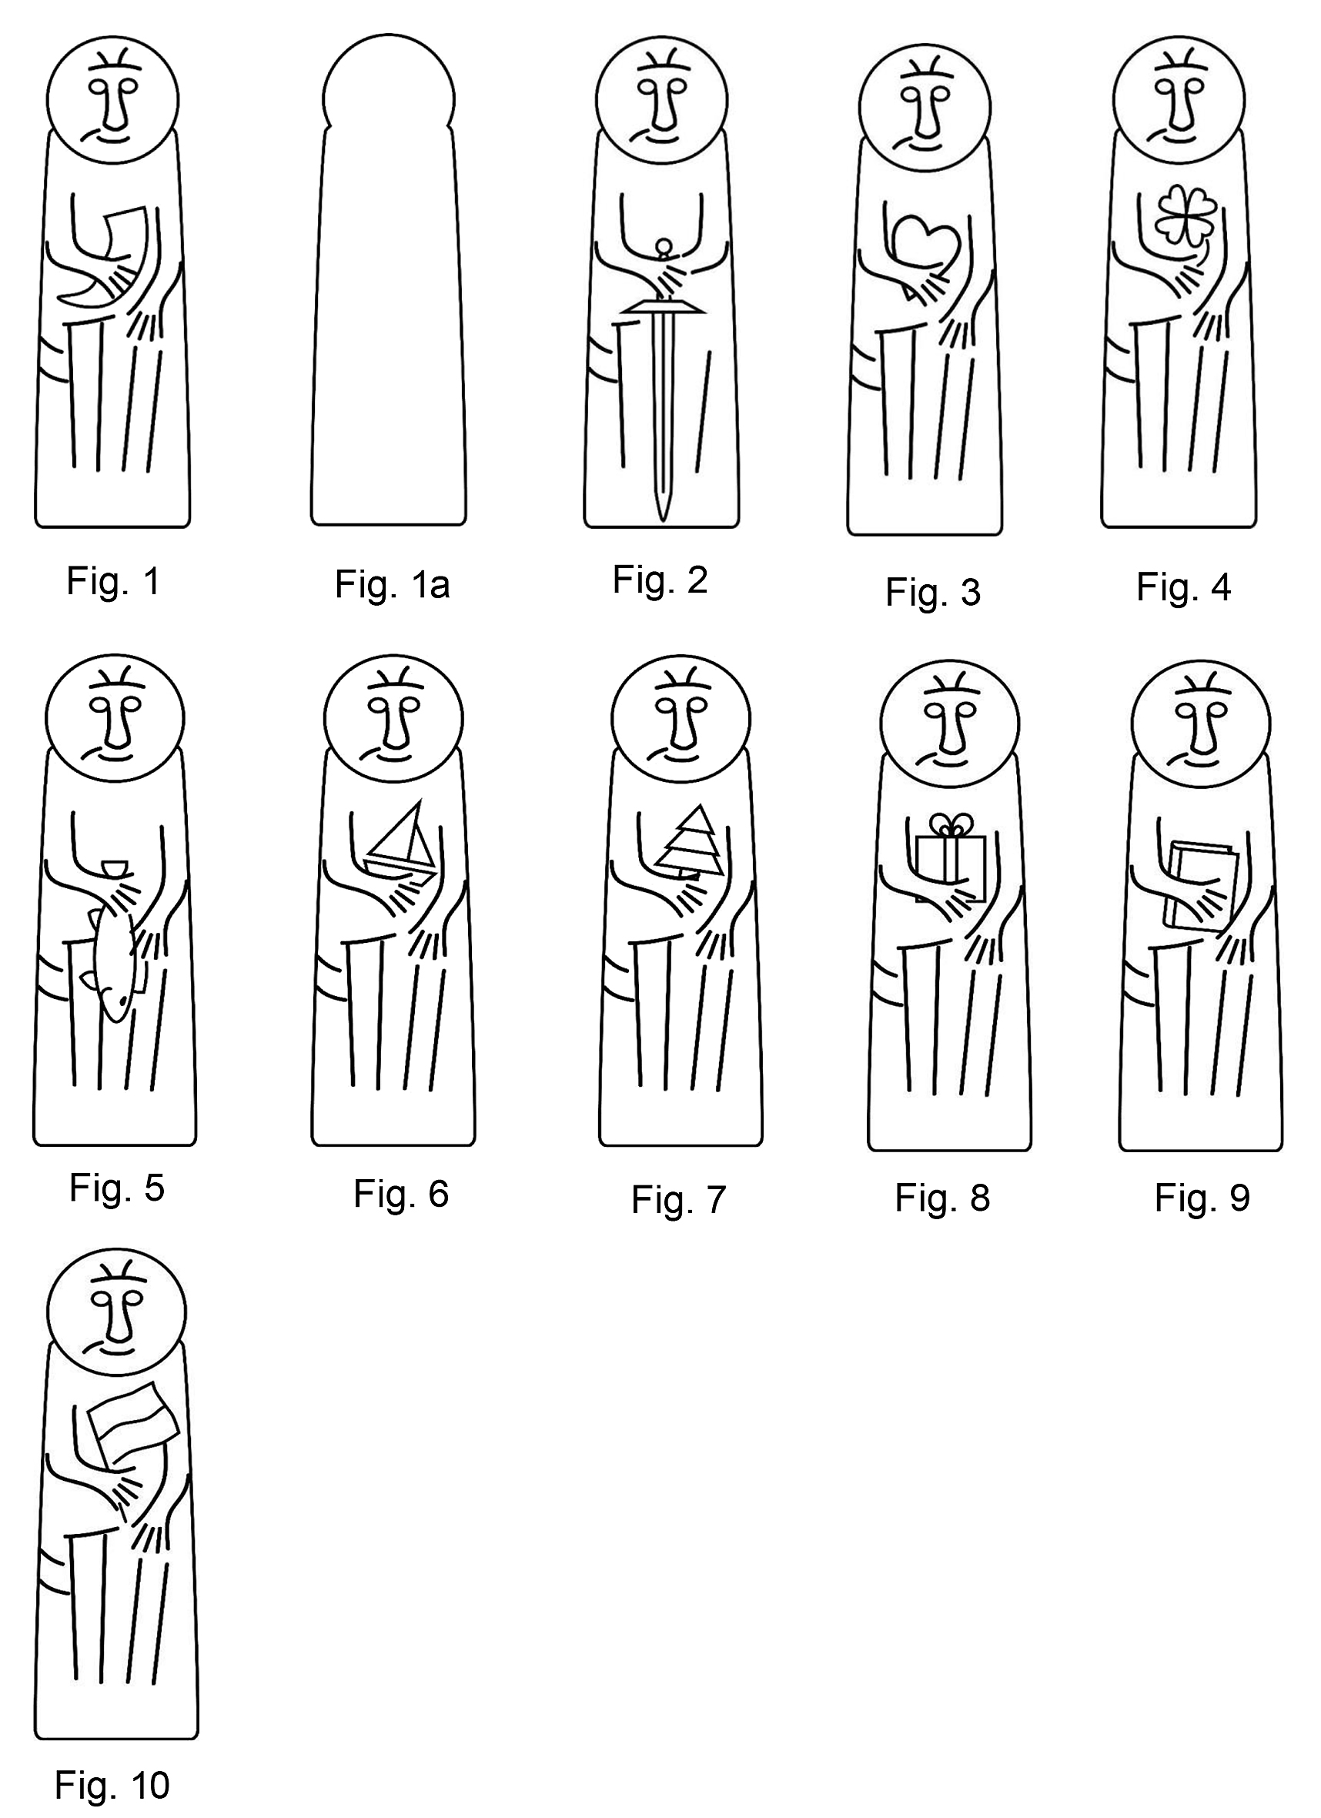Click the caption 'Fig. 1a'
tap(392, 584)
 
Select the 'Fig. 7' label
tap(678, 1200)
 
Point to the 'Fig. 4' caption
tap(1183, 587)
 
